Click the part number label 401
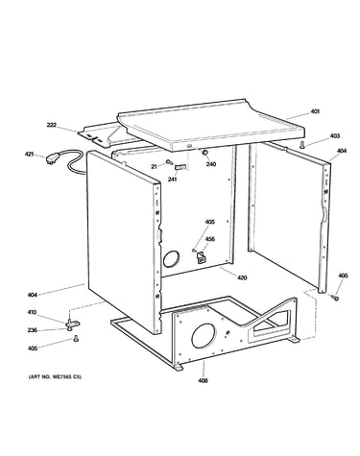pos(315,111)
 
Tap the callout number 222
pos(52,125)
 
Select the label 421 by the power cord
pos(30,155)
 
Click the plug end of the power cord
pos(52,158)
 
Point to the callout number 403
pos(335,136)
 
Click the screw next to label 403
pos(301,145)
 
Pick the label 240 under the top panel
pos(211,164)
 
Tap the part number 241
pos(172,179)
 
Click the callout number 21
pos(155,166)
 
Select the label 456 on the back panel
pos(210,239)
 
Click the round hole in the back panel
pos(171,258)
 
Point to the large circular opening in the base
pos(204,335)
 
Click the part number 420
pos(242,277)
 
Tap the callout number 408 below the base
pos(203,380)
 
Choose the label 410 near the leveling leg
pos(32,312)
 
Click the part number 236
pos(32,330)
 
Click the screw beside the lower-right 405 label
pos(335,298)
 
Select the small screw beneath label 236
pos(76,338)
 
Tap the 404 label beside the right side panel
pos(342,151)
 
